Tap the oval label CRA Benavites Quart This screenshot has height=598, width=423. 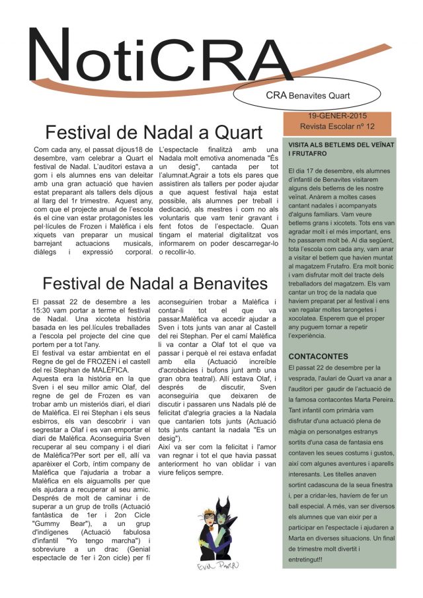tap(307, 95)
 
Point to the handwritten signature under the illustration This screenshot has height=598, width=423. tap(217, 567)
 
